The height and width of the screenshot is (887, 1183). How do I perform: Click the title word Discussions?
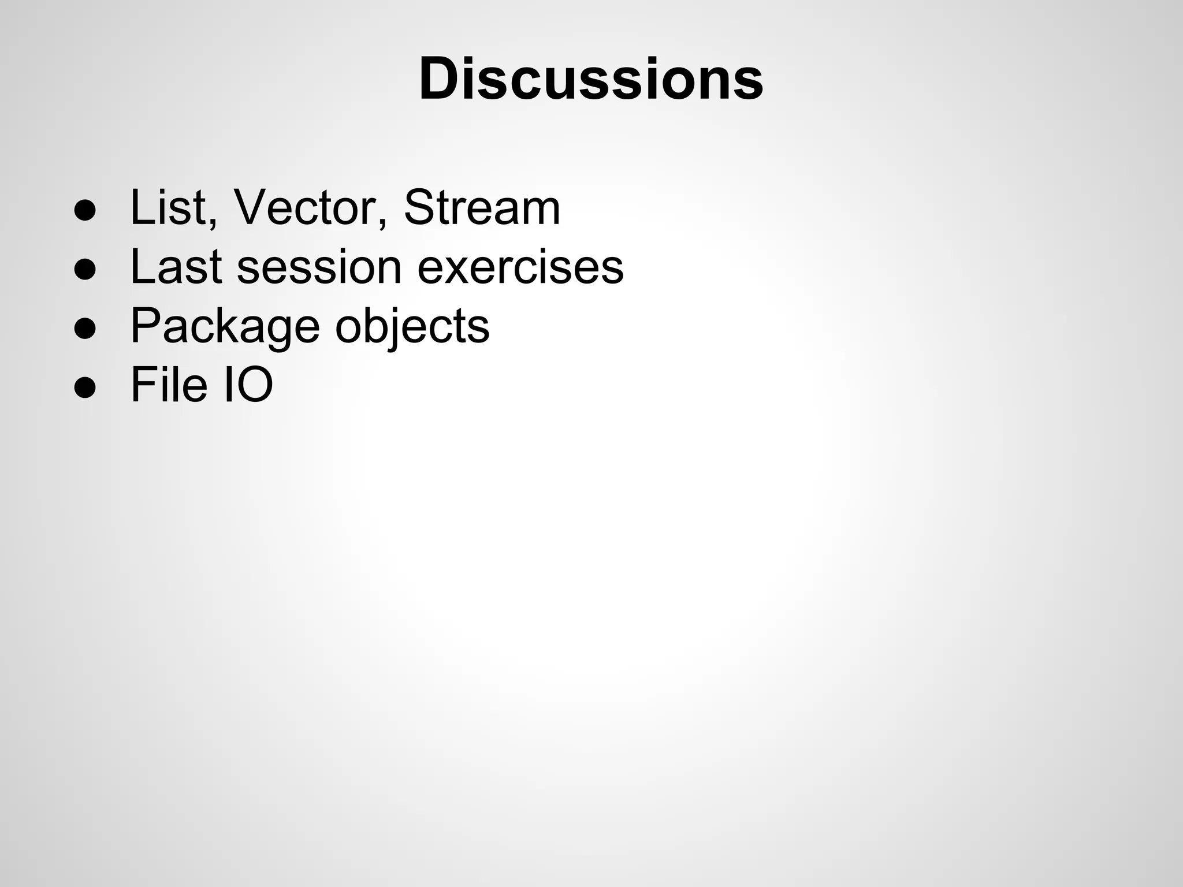click(591, 79)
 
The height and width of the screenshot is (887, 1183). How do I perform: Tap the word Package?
click(225, 326)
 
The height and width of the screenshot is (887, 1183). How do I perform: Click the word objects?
click(412, 326)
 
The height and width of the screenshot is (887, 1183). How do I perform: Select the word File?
click(169, 385)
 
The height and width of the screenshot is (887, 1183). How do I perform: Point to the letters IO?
click(248, 385)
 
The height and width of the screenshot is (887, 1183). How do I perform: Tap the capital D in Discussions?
click(442, 79)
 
